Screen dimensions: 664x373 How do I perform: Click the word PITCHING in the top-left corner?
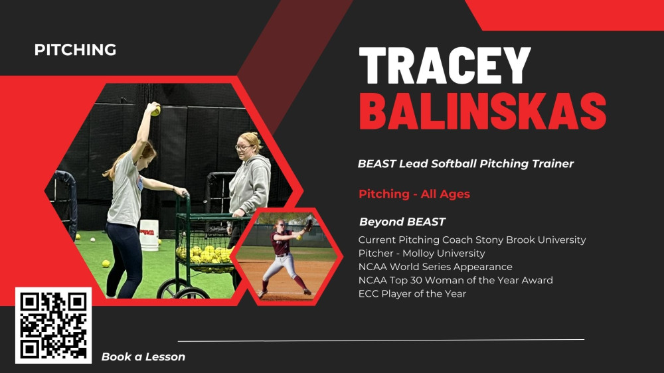[76, 50]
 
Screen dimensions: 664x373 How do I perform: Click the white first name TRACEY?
[445, 66]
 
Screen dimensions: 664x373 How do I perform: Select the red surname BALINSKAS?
[483, 111]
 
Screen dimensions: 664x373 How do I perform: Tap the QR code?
[53, 325]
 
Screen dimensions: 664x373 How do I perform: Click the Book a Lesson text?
[143, 357]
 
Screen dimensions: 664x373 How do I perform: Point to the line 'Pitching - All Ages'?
[414, 194]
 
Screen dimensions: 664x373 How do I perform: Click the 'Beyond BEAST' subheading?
[402, 222]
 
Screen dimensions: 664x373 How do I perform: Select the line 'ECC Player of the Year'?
[412, 293]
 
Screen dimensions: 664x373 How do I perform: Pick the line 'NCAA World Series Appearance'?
[436, 267]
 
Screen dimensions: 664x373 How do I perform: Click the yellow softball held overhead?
[156, 111]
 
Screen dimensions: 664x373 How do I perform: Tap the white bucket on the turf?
[149, 235]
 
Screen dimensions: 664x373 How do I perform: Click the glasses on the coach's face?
[242, 147]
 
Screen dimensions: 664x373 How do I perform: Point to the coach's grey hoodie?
[250, 184]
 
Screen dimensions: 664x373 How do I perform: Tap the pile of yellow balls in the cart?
[205, 254]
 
